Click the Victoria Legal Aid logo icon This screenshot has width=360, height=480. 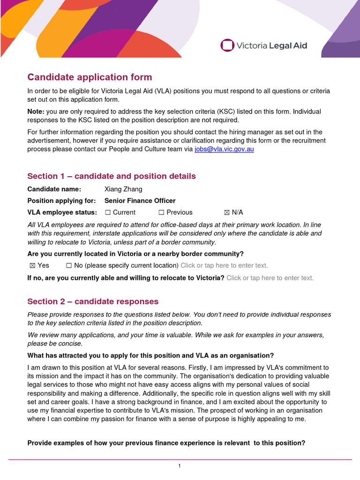pyautogui.click(x=227, y=45)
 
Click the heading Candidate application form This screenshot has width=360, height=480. pyautogui.click(x=90, y=77)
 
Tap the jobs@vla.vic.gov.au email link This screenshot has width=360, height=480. pyautogui.click(x=224, y=149)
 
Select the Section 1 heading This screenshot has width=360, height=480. pyautogui.click(x=112, y=176)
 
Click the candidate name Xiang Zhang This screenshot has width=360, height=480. pyautogui.click(x=123, y=189)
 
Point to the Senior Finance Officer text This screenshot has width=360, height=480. pyautogui.click(x=140, y=201)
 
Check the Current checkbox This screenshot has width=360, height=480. pyautogui.click(x=108, y=212)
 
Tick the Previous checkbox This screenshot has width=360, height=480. pyautogui.click(x=161, y=212)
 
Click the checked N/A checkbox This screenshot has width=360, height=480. pyautogui.click(x=227, y=212)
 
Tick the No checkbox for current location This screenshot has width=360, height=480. pyautogui.click(x=69, y=265)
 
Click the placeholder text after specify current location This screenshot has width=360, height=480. pyautogui.click(x=224, y=265)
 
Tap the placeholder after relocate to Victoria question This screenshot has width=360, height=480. pyautogui.click(x=270, y=278)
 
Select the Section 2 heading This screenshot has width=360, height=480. pyautogui.click(x=93, y=301)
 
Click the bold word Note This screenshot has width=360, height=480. pyautogui.click(x=36, y=112)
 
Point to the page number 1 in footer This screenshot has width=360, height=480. pyautogui.click(x=180, y=466)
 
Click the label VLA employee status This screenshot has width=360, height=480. pyautogui.click(x=62, y=212)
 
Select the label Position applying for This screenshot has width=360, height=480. pyautogui.click(x=61, y=201)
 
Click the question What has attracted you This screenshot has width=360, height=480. pyautogui.click(x=150, y=355)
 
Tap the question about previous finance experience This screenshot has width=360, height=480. pyautogui.click(x=166, y=442)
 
